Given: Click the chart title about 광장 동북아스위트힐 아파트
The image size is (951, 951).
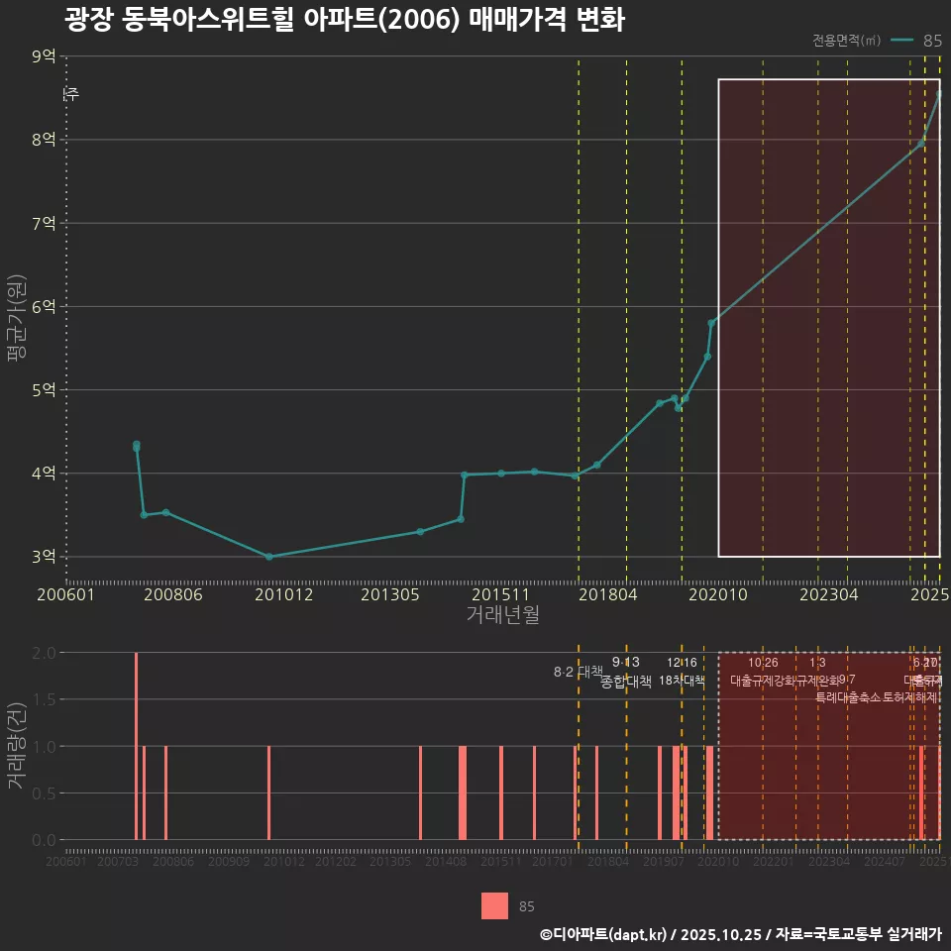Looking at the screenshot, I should pyautogui.click(x=345, y=20).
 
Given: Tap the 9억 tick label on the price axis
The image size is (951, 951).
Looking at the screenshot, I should pyautogui.click(x=44, y=56).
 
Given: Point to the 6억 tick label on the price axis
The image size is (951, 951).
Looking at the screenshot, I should pyautogui.click(x=44, y=307).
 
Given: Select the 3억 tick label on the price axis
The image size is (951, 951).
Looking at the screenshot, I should pyautogui.click(x=44, y=557).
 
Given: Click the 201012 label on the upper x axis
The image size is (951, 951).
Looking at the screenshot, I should pyautogui.click(x=283, y=594).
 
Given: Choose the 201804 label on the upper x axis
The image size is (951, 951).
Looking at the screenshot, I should pyautogui.click(x=606, y=594).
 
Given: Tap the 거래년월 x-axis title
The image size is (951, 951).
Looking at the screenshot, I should pyautogui.click(x=502, y=614).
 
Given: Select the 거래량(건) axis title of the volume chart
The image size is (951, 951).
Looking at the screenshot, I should pyautogui.click(x=16, y=746).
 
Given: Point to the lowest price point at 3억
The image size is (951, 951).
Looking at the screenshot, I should pyautogui.click(x=268, y=557).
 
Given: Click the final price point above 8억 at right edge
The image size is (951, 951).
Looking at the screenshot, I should pyautogui.click(x=939, y=94).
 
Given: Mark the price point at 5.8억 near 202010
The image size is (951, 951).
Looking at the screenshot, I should pyautogui.click(x=711, y=323).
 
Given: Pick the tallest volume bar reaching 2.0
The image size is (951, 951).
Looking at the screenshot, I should pyautogui.click(x=137, y=746).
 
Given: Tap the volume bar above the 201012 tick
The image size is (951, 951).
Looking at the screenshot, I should pyautogui.click(x=268, y=792).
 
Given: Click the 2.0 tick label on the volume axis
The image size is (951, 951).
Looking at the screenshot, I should pyautogui.click(x=44, y=653).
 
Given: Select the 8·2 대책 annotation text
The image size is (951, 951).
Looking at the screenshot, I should pyautogui.click(x=578, y=672).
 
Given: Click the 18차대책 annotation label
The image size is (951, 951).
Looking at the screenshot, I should pyautogui.click(x=682, y=681).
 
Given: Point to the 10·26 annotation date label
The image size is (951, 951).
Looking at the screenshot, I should pyautogui.click(x=763, y=663).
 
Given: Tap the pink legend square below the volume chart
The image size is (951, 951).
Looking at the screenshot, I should pyautogui.click(x=494, y=906).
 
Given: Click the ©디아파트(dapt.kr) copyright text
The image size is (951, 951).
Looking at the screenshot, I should pyautogui.click(x=603, y=934).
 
